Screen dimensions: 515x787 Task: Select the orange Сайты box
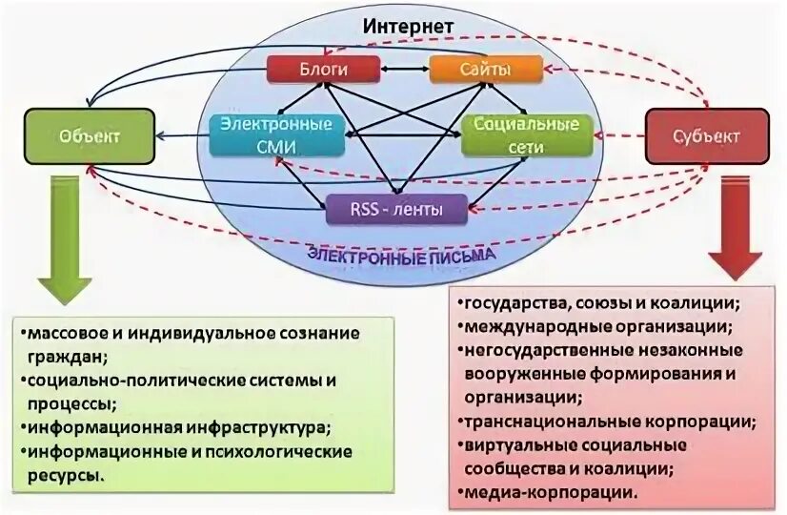pyautogui.click(x=485, y=69)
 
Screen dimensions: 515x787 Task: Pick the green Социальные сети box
pyautogui.click(x=527, y=134)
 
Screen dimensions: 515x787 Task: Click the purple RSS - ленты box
pyautogui.click(x=397, y=209)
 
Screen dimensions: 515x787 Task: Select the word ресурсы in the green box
pyautogui.click(x=64, y=474)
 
